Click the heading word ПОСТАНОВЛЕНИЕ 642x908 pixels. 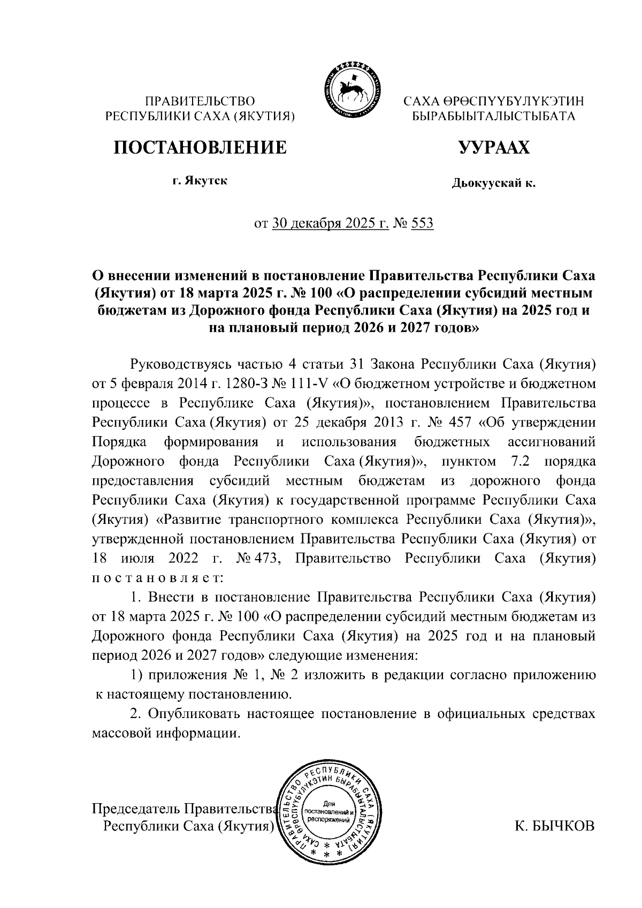[200, 147]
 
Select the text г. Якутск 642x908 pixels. [200, 181]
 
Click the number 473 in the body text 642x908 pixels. [264, 559]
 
